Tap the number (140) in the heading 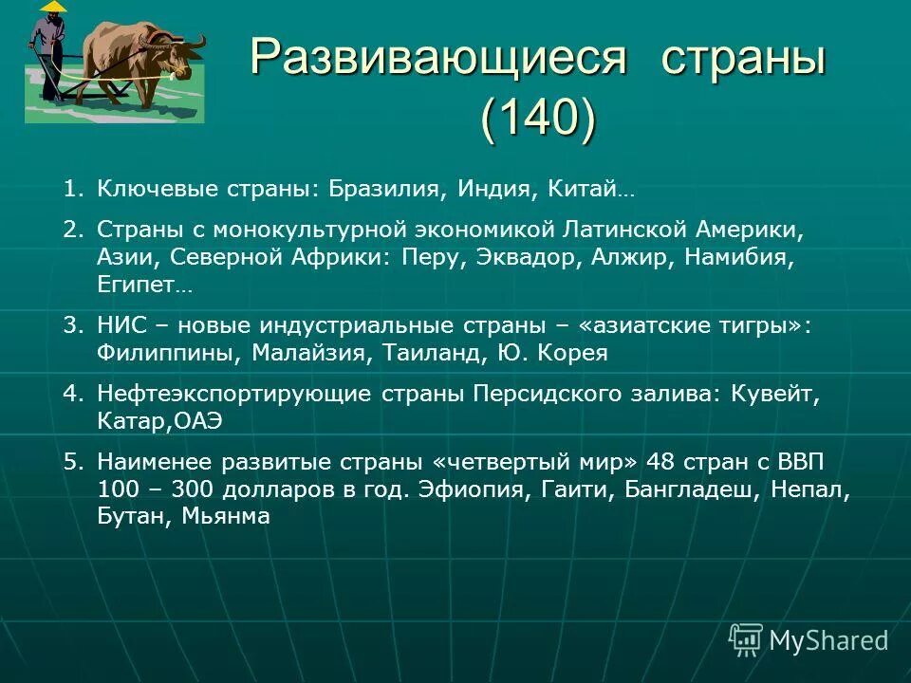(x=538, y=120)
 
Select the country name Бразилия (x=384, y=189)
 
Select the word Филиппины (x=171, y=353)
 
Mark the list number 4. (x=71, y=394)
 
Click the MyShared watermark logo (x=809, y=640)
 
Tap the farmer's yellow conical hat (x=54, y=7)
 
